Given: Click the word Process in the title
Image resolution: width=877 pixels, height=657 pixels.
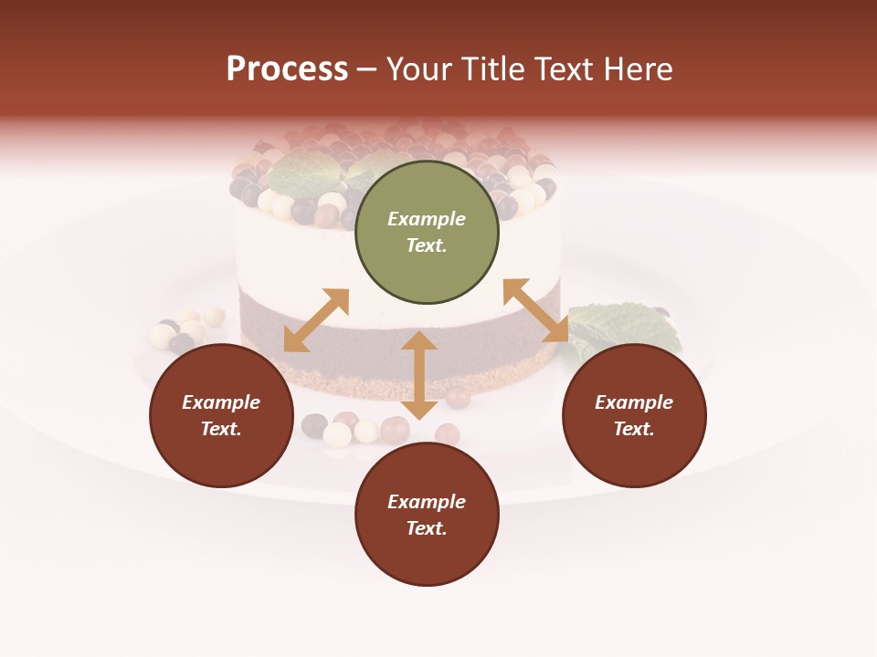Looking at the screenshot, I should pyautogui.click(x=287, y=69).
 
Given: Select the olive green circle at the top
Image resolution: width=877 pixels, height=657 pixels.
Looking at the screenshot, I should pyautogui.click(x=427, y=233).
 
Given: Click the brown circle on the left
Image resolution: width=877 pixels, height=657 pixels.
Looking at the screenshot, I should pyautogui.click(x=221, y=416).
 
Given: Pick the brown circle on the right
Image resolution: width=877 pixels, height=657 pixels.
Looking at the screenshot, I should pyautogui.click(x=634, y=416).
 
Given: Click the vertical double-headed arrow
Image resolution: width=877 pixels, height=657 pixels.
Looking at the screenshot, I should pyautogui.click(x=419, y=375).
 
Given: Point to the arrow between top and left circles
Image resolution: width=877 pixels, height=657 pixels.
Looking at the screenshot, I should pyautogui.click(x=316, y=320).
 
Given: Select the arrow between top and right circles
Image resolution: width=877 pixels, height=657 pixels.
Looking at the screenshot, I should pyautogui.click(x=536, y=310).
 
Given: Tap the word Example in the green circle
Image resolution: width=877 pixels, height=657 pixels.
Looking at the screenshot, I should pyautogui.click(x=427, y=219).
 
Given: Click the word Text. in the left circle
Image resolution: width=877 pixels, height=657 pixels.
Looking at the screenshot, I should pyautogui.click(x=221, y=429).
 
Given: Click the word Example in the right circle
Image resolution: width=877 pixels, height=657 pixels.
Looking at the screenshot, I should pyautogui.click(x=634, y=402).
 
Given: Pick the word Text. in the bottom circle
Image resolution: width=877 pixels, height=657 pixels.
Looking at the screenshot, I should pyautogui.click(x=427, y=528).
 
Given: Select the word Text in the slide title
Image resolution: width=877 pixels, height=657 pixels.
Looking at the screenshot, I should pyautogui.click(x=558, y=69).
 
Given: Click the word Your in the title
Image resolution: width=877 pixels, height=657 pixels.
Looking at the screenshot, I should pyautogui.click(x=420, y=69).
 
